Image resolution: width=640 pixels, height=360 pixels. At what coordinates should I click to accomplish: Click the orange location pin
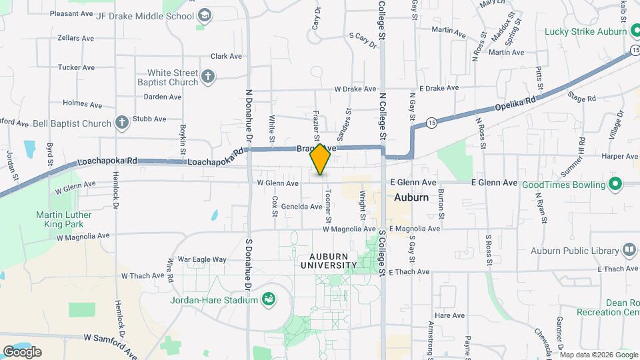pyautogui.click(x=321, y=159)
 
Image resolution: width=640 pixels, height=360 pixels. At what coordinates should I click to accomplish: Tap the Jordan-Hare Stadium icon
pyautogui.click(x=269, y=299)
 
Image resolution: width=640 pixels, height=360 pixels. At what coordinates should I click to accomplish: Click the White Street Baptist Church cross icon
pyautogui.click(x=208, y=76)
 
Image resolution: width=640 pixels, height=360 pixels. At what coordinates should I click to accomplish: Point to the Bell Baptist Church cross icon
pyautogui.click(x=121, y=123)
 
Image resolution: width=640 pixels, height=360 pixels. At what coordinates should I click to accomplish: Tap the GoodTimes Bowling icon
pyautogui.click(x=615, y=183)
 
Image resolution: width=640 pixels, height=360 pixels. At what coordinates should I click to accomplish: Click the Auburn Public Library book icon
pyautogui.click(x=629, y=250)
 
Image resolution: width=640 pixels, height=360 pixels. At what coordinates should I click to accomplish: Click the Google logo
pyautogui.click(x=22, y=351)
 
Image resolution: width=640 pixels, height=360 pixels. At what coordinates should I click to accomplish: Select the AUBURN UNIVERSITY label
pyautogui.click(x=333, y=260)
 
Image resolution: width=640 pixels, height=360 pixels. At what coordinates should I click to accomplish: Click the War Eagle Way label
pyautogui.click(x=202, y=259)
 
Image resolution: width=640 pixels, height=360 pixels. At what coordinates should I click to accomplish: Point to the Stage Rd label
pyautogui.click(x=581, y=98)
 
